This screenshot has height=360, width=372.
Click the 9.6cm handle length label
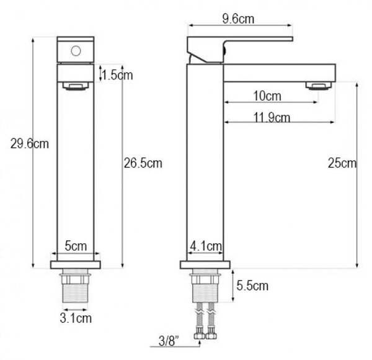[x=238, y=19]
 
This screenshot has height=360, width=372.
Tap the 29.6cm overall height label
[x=29, y=144]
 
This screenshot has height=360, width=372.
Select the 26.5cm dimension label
[x=143, y=163]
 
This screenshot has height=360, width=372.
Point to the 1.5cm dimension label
[x=117, y=75]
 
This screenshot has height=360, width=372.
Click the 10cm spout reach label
[x=267, y=96]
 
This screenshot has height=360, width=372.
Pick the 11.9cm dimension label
[x=272, y=117]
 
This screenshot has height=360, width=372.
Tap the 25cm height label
[x=342, y=163]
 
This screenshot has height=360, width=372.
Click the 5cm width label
[x=76, y=246]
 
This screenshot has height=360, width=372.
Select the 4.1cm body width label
[x=206, y=246]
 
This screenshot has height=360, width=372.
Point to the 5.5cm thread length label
[x=252, y=286]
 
